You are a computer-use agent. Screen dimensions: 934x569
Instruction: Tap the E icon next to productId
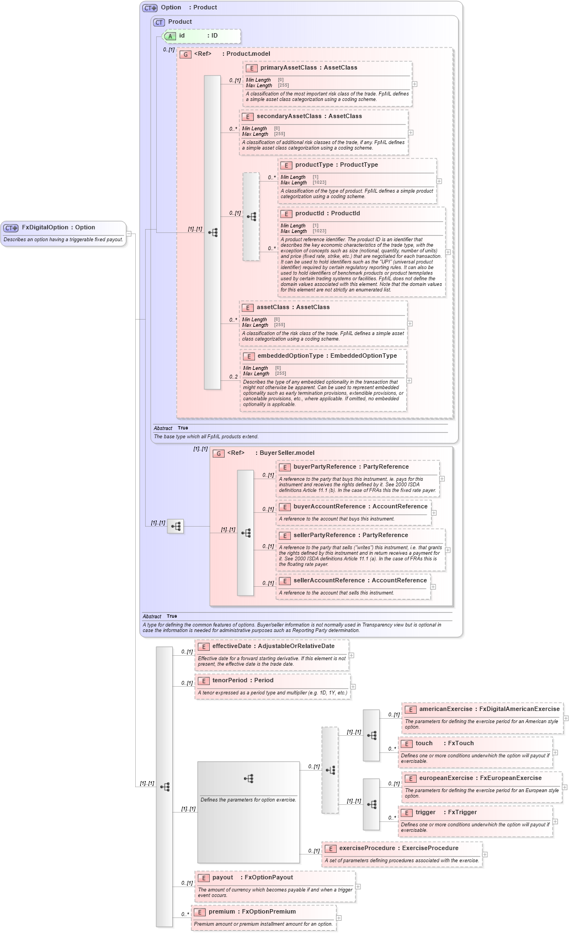pyautogui.click(x=286, y=214)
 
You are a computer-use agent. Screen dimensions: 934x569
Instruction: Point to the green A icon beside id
pyautogui.click(x=170, y=36)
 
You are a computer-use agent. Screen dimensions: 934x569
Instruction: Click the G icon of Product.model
pyautogui.click(x=185, y=55)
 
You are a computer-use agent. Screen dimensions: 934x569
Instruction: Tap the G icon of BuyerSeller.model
pyautogui.click(x=219, y=454)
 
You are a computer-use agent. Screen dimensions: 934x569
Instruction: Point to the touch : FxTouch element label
pyautogui.click(x=444, y=744)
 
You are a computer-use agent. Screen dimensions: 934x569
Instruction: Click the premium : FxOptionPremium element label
pyautogui.click(x=252, y=912)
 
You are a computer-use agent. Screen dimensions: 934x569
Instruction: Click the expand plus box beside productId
pyautogui.click(x=448, y=252)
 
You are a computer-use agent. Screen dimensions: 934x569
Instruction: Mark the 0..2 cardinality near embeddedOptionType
pyautogui.click(x=233, y=377)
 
